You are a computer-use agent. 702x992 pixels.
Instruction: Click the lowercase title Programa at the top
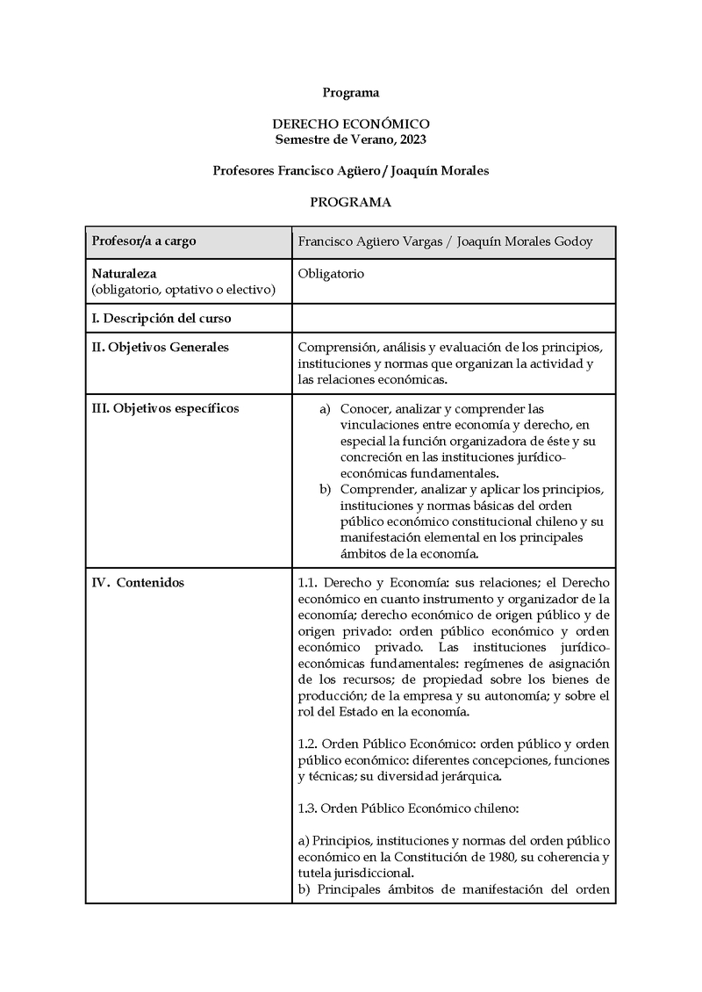350,92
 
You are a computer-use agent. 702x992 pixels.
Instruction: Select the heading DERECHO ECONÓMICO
350,125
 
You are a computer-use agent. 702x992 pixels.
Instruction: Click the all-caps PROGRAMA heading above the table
350,202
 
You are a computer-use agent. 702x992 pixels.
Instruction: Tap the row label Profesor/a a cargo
144,241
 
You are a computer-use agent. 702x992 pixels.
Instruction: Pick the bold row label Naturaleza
124,274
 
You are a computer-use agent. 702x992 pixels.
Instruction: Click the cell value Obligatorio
332,274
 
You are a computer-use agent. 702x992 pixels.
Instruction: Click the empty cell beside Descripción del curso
453,318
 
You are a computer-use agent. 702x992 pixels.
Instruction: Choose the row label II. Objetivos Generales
161,347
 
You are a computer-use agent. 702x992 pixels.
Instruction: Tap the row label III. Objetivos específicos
165,408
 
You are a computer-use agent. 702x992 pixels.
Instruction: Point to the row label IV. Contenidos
139,583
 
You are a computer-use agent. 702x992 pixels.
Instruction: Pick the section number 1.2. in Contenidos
312,744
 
